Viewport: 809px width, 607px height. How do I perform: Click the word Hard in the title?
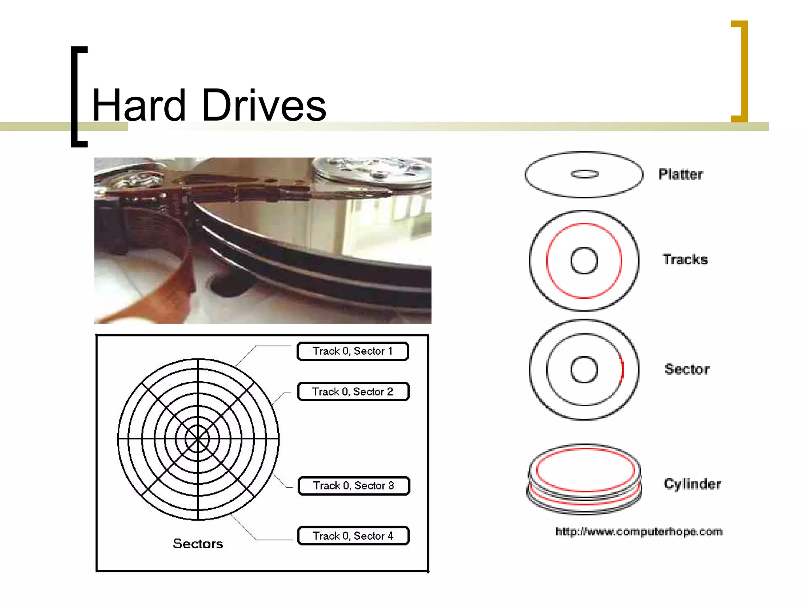coord(139,105)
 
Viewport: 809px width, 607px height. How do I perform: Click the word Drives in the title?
coord(264,105)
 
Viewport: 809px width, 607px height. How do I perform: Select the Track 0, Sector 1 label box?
coord(352,351)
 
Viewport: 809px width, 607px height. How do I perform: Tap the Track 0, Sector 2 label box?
coord(353,392)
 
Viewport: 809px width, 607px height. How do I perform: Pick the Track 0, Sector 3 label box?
coord(354,486)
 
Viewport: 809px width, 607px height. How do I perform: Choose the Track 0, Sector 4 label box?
coord(353,536)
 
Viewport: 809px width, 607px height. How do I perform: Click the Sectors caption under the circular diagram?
coord(198,544)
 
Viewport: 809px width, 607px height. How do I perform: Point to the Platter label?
coord(681,174)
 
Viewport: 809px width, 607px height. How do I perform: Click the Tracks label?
coord(685,260)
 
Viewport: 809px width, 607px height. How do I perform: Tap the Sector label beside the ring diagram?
coord(687,369)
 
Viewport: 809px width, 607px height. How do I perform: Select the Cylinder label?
coord(692,484)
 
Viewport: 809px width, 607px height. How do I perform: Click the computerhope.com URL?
coord(639,532)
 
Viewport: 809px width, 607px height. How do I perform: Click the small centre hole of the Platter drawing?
coord(585,174)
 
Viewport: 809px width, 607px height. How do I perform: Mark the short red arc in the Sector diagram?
coord(622,369)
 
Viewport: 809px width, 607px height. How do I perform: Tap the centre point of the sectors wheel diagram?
coord(198,439)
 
